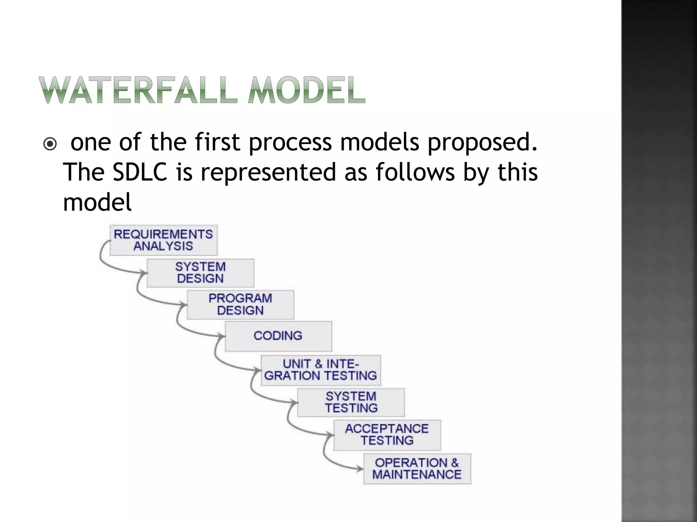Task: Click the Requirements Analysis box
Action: click(163, 240)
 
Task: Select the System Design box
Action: click(200, 273)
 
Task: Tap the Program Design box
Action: click(240, 304)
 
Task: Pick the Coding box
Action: click(278, 336)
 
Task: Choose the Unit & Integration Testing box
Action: click(321, 370)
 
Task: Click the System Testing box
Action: click(351, 402)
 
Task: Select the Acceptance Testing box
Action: click(387, 435)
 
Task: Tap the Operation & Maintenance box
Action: click(417, 468)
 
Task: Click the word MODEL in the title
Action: click(306, 90)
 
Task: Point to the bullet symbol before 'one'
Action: click(50, 145)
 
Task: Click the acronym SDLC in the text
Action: click(140, 172)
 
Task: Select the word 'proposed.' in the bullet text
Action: click(483, 142)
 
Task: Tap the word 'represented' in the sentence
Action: click(271, 172)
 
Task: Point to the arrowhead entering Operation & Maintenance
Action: click(360, 469)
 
